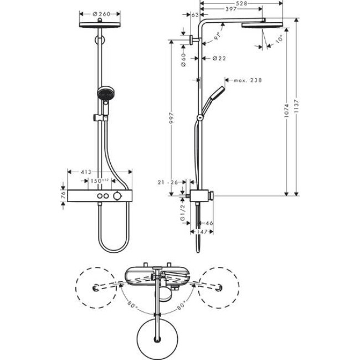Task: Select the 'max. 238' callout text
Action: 247,80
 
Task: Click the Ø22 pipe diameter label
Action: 219,58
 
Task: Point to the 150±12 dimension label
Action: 100,181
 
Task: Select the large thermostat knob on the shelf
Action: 116,197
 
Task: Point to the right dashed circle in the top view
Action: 220,287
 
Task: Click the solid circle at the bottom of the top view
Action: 159,335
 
